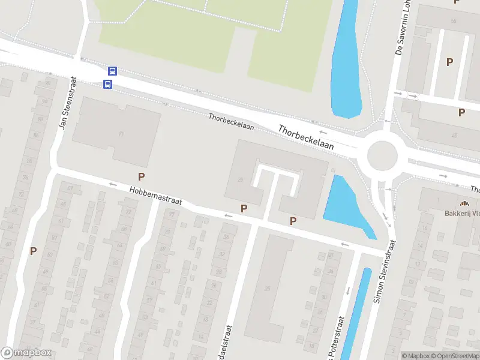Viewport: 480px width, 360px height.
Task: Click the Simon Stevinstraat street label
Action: coord(385,271)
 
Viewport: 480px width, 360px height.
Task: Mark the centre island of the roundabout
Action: coord(382,156)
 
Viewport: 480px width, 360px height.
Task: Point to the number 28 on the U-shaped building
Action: coord(241,179)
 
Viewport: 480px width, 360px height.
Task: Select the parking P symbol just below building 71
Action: coord(142,176)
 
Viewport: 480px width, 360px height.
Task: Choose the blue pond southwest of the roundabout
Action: coord(346,204)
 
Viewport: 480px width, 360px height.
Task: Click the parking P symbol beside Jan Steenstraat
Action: coord(34,251)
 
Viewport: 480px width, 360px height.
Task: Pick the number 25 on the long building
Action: coord(267,289)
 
